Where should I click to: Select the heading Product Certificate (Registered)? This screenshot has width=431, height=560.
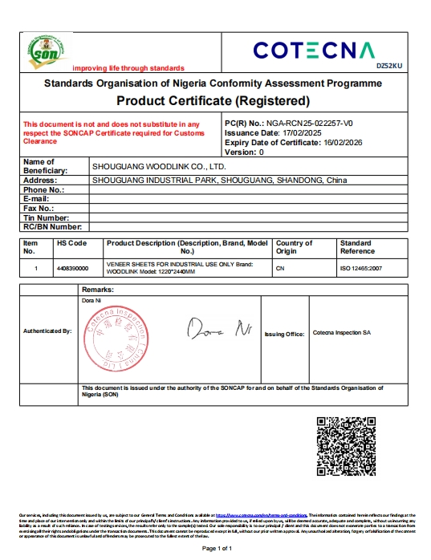[x=213, y=101]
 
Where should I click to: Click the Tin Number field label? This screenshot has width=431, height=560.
[x=47, y=217]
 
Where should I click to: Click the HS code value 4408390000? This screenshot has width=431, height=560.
[x=72, y=268]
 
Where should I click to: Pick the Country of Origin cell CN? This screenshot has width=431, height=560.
[x=280, y=268]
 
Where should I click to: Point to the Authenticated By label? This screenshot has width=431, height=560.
[x=47, y=331]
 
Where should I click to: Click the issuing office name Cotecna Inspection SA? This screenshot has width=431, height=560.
[x=341, y=332]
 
